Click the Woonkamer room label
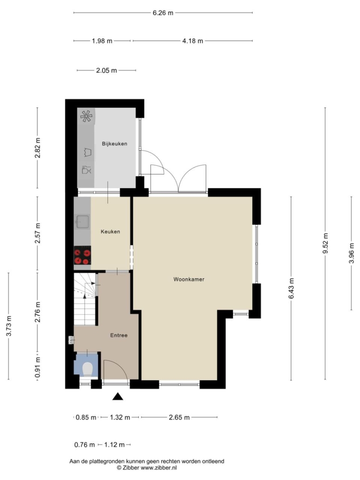[x=189, y=279]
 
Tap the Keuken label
[x=110, y=232]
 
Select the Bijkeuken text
[x=115, y=144]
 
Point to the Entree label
[x=119, y=335]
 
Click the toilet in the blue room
[x=88, y=369]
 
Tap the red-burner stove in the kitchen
[x=82, y=255]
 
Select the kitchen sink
[x=82, y=221]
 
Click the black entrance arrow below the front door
[x=117, y=397]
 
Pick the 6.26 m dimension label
[x=163, y=13]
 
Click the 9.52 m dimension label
[x=326, y=243]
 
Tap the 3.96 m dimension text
[x=352, y=253]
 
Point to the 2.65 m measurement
[x=179, y=417]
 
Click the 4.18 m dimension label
[x=193, y=41]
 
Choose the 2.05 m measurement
[x=107, y=70]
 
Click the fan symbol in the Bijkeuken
[x=86, y=116]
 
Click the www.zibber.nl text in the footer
[x=158, y=468]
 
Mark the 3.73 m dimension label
[x=9, y=326]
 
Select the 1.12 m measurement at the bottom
[x=115, y=445]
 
